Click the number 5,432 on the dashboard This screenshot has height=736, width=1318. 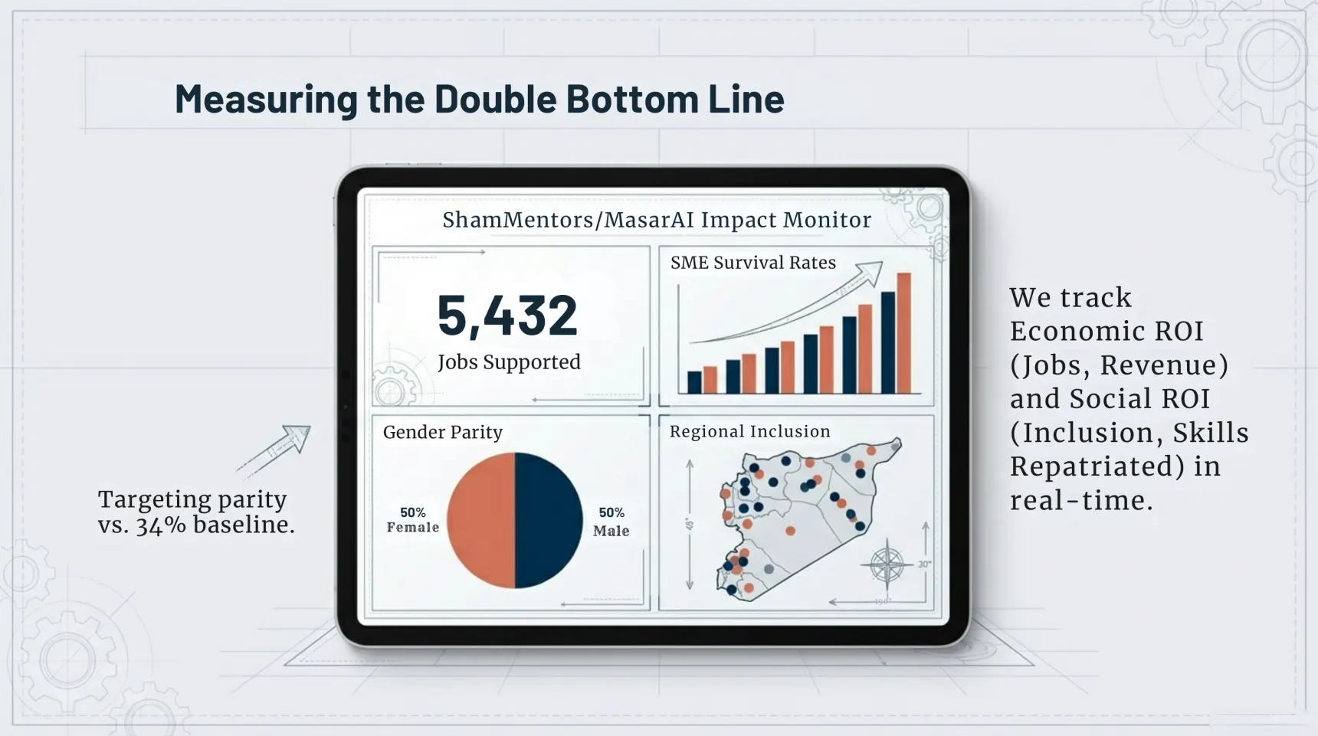(x=507, y=315)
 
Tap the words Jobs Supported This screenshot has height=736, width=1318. (x=509, y=361)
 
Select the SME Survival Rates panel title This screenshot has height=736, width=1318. (x=752, y=263)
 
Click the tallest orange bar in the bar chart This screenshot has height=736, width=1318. (x=904, y=333)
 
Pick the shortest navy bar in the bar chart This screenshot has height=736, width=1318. (x=694, y=381)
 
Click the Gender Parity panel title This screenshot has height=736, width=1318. (x=443, y=432)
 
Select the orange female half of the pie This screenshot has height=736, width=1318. (x=480, y=520)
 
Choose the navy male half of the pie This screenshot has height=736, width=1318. (x=549, y=520)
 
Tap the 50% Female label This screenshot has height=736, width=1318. (x=412, y=520)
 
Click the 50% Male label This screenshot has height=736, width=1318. (x=611, y=522)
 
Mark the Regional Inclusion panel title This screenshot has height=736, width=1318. (x=749, y=431)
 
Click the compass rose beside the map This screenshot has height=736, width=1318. (x=887, y=565)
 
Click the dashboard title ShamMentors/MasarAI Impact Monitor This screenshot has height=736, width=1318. (x=657, y=220)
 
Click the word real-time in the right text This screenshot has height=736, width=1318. (x=1080, y=501)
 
